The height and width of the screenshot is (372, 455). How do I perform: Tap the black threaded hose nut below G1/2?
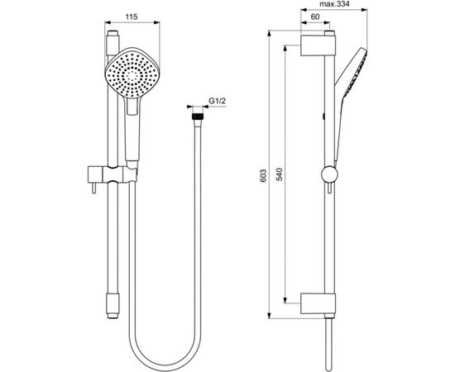197,121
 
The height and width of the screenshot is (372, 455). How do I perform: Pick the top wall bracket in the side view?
319,45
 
